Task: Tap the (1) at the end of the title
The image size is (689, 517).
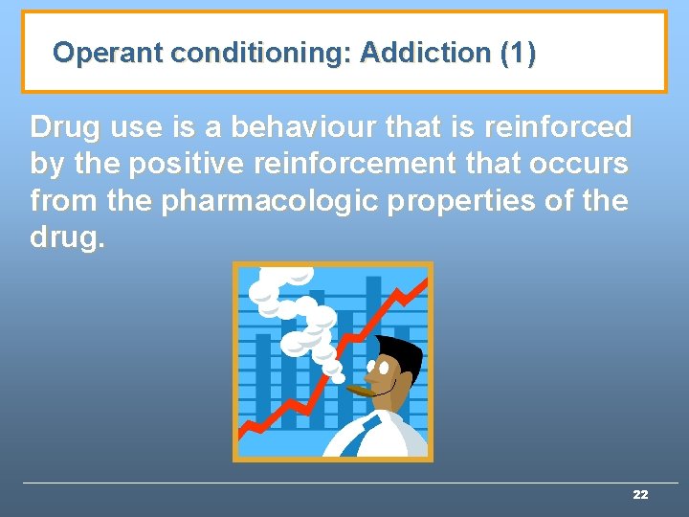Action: click(518, 53)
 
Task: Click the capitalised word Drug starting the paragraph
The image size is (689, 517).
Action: click(65, 126)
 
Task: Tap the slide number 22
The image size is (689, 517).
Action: click(640, 495)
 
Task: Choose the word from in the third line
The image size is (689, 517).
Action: click(59, 202)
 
